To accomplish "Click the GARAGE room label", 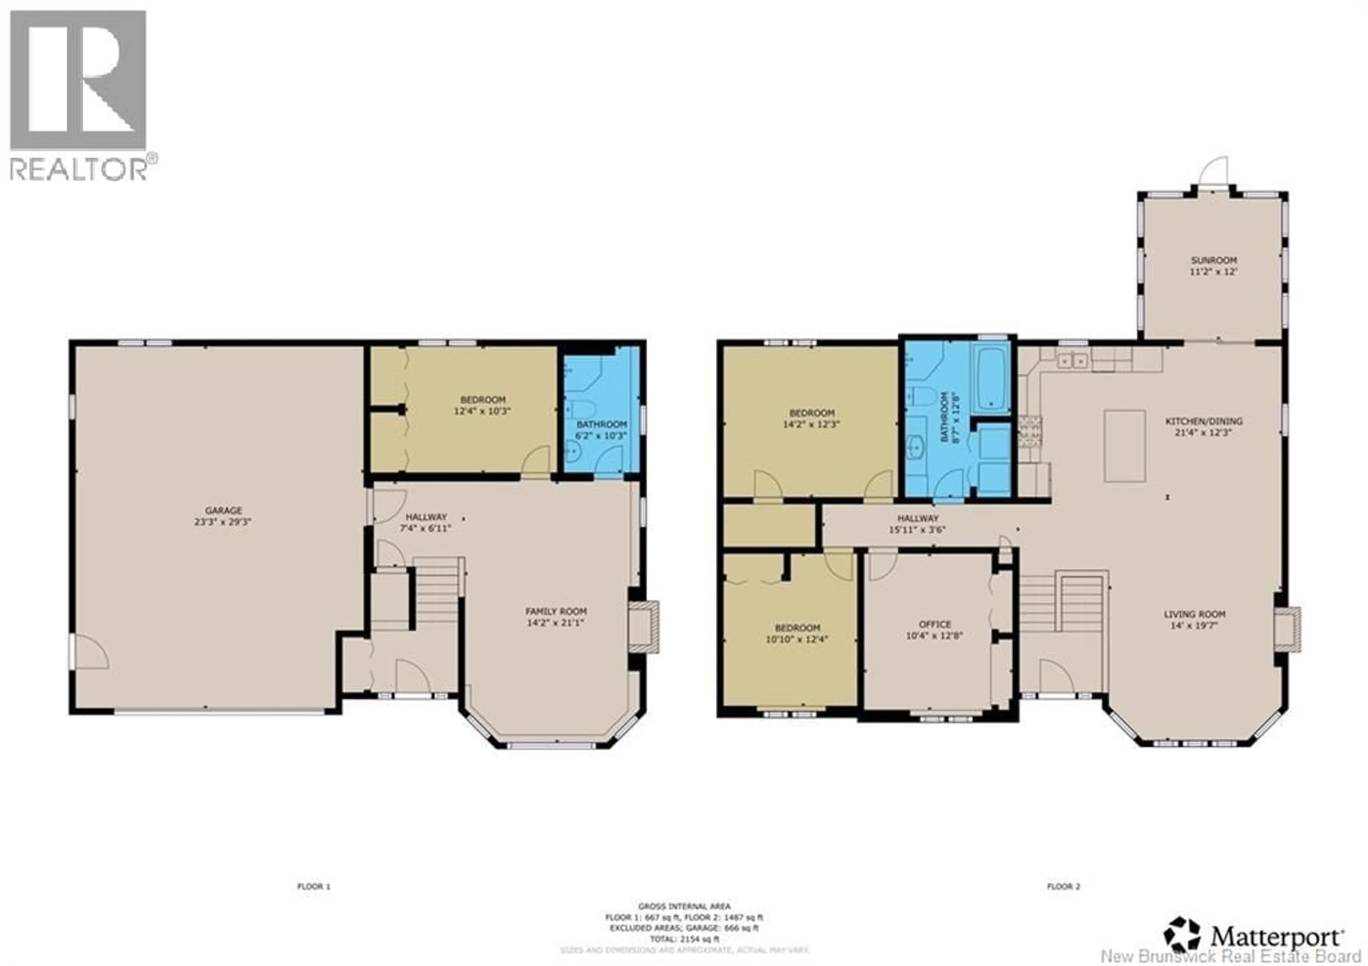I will pyautogui.click(x=223, y=510).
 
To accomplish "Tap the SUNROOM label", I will pyautogui.click(x=1214, y=260).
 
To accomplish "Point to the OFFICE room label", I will pyautogui.click(x=935, y=624).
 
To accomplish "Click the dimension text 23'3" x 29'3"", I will pyautogui.click(x=223, y=521).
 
